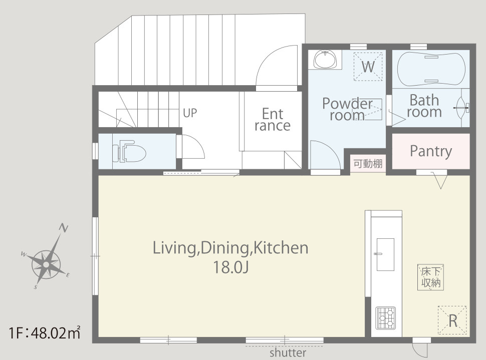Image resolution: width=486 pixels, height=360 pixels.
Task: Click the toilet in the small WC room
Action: coord(129,151)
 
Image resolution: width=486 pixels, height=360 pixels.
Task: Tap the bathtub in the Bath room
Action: coord(431,69)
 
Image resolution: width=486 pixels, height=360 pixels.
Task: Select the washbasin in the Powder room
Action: coord(325,59)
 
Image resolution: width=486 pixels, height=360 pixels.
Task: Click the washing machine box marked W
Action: coord(368,67)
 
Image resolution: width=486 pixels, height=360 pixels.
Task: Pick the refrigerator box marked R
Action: coord(452,320)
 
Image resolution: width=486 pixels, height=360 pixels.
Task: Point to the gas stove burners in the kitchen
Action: coord(386,318)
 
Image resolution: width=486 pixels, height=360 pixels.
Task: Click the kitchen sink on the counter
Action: coord(385,254)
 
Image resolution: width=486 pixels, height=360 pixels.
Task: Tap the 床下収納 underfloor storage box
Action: coord(430,277)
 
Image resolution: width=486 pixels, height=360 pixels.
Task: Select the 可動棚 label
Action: coord(368,163)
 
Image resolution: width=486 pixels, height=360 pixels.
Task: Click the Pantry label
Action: coord(431,151)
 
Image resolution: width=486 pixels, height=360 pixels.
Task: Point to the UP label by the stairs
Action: coord(190,113)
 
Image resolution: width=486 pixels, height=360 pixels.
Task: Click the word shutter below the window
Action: coord(288,352)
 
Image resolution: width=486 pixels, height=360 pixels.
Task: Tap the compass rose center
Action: coord(46,265)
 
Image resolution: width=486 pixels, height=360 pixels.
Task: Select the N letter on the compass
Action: coord(64,228)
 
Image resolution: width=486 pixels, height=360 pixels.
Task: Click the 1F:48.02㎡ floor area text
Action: coord(45,333)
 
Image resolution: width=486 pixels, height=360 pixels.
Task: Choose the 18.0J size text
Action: coord(230,267)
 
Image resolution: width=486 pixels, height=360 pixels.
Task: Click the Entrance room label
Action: coord(273,120)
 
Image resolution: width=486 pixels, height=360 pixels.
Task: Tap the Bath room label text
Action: coord(424,106)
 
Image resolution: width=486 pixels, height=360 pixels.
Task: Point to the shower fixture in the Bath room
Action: coord(462,108)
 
